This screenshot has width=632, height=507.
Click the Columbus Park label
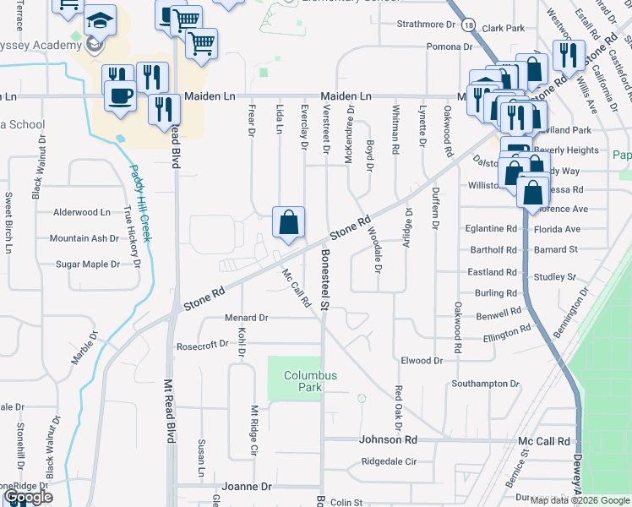[310, 381]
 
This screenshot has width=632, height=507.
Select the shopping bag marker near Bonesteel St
[288, 224]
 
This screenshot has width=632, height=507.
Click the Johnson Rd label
[389, 439]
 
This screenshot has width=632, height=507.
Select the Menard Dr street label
[245, 318]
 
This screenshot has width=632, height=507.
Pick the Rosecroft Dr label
[202, 345]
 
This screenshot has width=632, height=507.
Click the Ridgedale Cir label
[390, 462]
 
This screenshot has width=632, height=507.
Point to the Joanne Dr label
[247, 487]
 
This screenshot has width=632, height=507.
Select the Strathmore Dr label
[427, 25]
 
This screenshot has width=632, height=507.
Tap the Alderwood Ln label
[81, 212]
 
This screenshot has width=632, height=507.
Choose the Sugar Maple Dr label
[87, 264]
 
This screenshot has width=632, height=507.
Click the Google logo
[27, 497]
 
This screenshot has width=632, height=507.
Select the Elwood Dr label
[422, 361]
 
